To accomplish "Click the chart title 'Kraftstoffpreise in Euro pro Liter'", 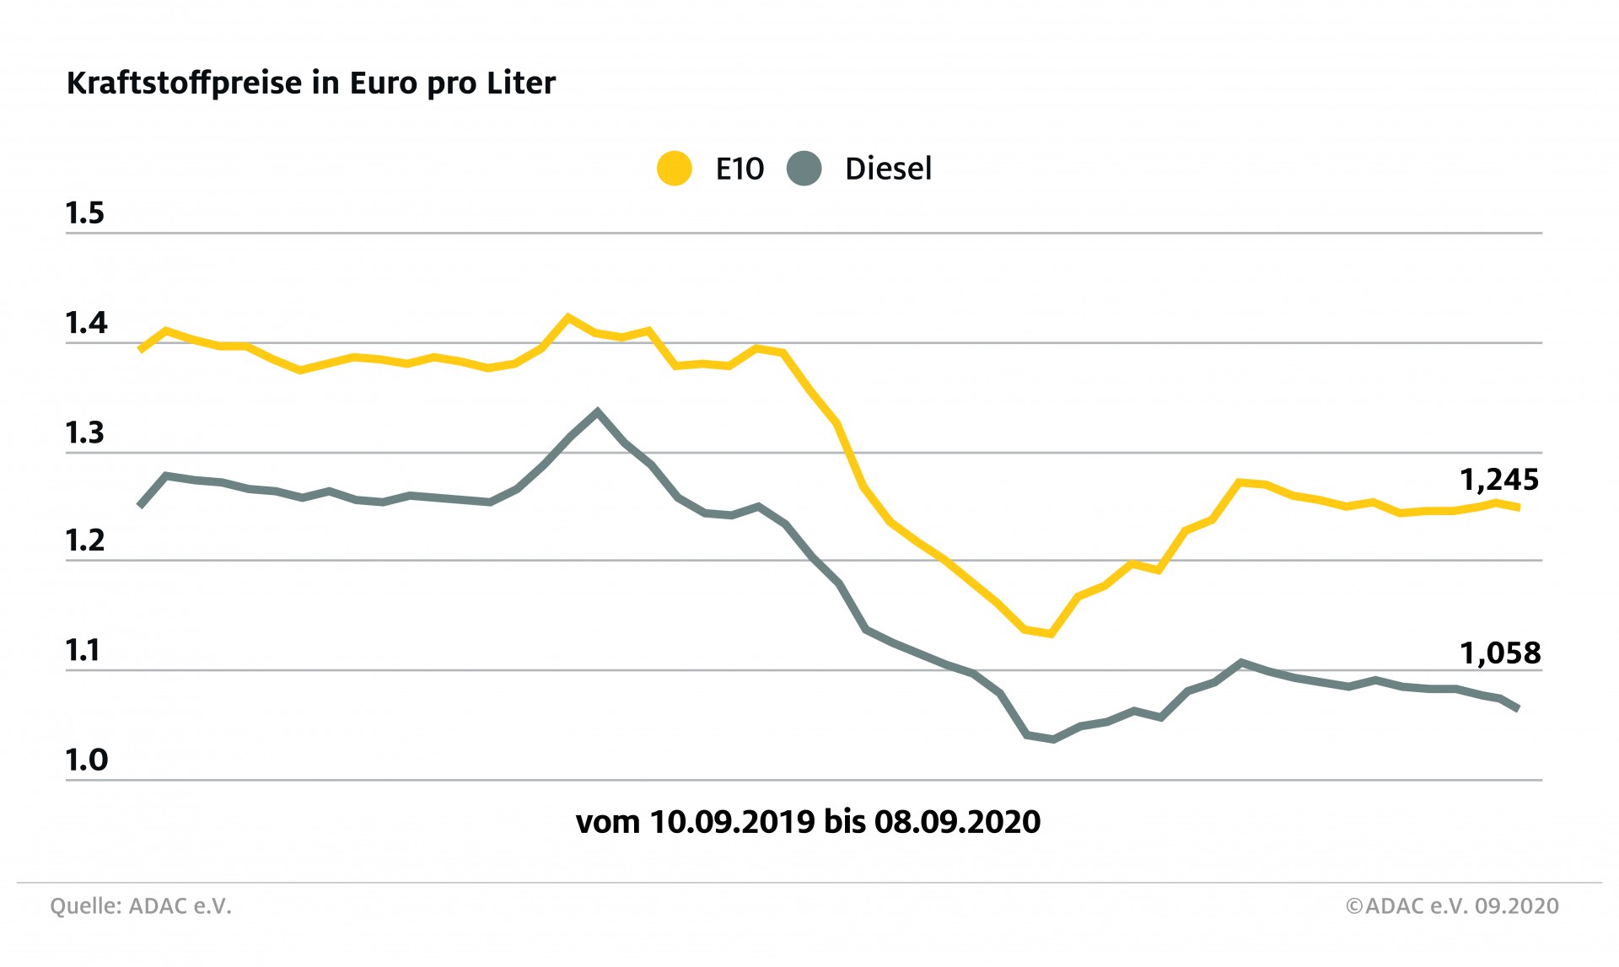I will (310, 83).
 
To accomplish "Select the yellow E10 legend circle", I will (675, 169).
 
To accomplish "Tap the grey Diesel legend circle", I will (804, 169).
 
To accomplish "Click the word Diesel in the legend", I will (888, 169).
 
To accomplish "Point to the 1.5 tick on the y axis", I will (85, 213).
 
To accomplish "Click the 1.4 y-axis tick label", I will (86, 323).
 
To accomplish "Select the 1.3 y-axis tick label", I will (85, 433).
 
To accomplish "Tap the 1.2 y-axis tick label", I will (85, 541).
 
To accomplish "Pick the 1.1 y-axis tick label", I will (83, 651).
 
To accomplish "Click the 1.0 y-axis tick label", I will (86, 760).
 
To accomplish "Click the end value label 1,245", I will (1499, 480).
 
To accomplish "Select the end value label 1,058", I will (1499, 653).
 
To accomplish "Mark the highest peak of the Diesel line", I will (597, 411).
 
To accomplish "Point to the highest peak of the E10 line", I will (567, 318).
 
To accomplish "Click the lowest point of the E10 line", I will (1051, 633).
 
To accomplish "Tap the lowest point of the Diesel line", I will (1052, 739).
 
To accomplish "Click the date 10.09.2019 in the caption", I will (732, 822).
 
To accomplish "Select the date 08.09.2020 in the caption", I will (957, 822).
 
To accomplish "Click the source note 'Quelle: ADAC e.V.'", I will (141, 906).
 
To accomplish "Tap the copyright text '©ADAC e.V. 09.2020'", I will (1452, 906).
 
